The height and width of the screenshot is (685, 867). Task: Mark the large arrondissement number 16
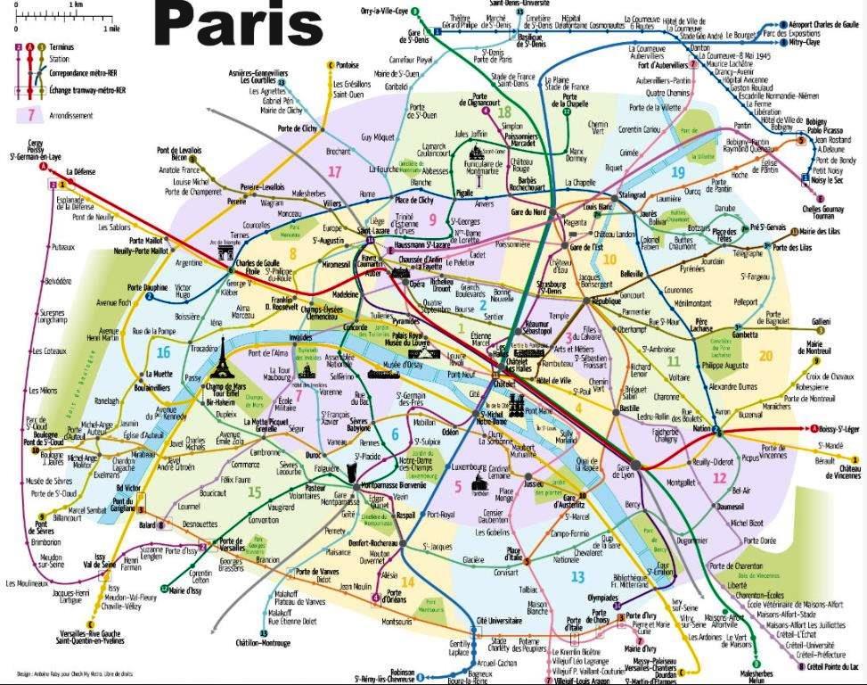pos(162,352)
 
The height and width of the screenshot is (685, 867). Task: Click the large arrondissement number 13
pos(577,577)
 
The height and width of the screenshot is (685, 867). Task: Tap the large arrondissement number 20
pos(766,356)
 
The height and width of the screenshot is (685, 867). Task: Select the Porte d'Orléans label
pos(393,598)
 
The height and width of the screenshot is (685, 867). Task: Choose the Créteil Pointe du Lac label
pos(836,666)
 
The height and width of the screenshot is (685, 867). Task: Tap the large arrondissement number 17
pos(335,171)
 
